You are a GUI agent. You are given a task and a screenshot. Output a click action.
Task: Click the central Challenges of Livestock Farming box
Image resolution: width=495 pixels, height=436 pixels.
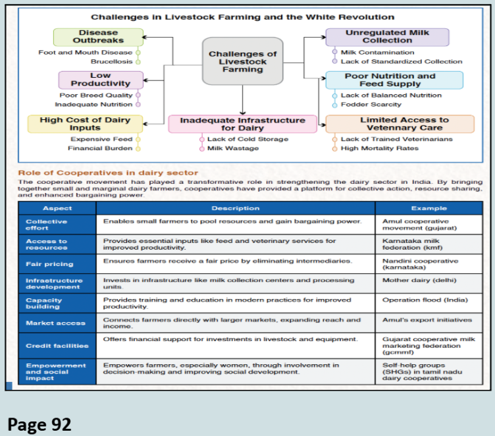click(x=242, y=61)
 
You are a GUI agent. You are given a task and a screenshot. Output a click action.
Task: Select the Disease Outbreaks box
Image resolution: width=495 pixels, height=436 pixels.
click(x=98, y=36)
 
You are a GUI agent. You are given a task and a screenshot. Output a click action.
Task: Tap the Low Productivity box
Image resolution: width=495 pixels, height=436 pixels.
click(x=100, y=80)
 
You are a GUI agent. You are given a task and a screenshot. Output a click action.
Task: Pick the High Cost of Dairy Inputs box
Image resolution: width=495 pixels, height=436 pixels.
click(x=85, y=124)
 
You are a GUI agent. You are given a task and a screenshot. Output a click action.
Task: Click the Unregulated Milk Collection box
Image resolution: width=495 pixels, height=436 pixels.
click(x=387, y=36)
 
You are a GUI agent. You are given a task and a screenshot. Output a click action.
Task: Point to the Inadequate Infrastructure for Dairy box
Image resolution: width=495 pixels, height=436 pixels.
click(x=242, y=124)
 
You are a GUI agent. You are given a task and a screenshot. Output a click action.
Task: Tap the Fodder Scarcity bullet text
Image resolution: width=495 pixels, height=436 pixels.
click(x=371, y=105)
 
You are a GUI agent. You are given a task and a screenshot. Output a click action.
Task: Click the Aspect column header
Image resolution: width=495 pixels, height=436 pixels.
click(x=58, y=208)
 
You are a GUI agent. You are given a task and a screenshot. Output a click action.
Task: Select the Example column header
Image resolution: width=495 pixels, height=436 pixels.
click(x=428, y=208)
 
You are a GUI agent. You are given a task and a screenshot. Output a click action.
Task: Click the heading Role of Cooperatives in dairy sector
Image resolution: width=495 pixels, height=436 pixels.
click(x=108, y=173)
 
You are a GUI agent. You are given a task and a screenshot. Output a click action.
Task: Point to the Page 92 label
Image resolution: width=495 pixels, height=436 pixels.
click(x=39, y=423)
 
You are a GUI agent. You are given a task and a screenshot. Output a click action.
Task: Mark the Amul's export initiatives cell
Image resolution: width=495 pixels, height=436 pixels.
click(x=427, y=320)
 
